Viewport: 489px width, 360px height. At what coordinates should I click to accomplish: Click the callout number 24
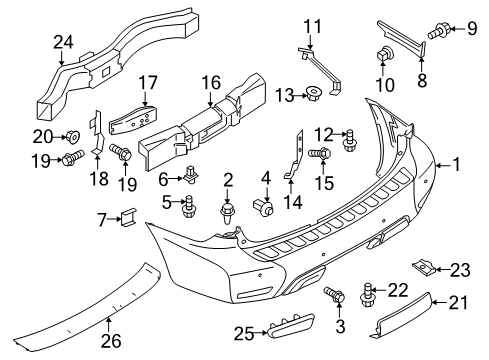click(64, 42)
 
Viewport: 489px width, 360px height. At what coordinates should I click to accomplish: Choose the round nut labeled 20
click(71, 136)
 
